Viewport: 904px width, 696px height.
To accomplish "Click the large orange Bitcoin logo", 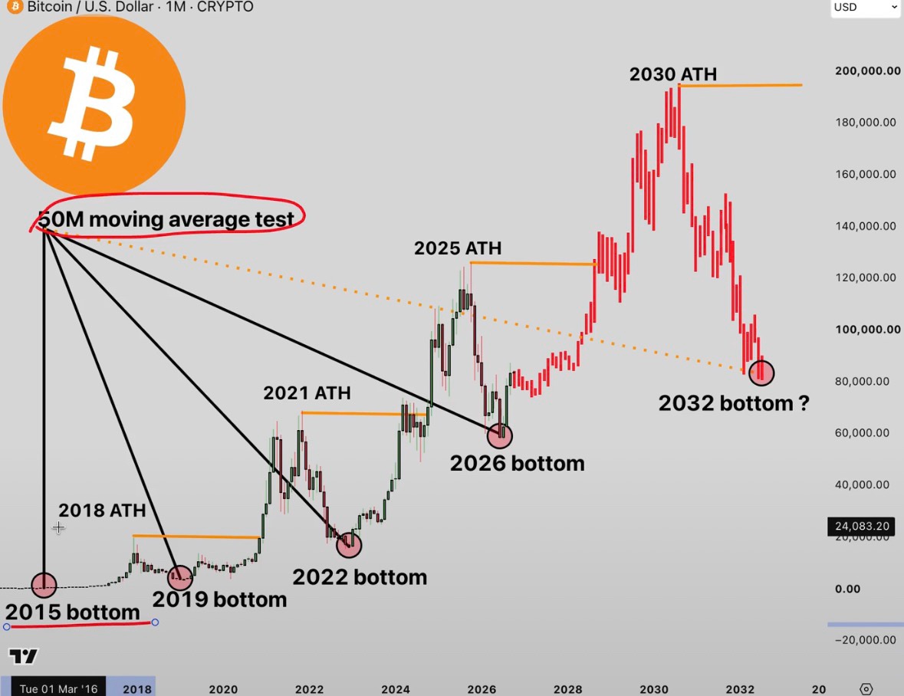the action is (x=94, y=106).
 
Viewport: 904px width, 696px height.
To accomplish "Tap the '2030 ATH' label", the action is (x=672, y=74).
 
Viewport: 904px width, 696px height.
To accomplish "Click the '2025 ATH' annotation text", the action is (x=458, y=248).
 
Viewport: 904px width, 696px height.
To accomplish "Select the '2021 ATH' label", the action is (x=307, y=393).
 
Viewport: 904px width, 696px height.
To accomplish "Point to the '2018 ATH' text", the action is (x=102, y=510).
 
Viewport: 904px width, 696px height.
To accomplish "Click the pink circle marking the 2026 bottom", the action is (x=499, y=435).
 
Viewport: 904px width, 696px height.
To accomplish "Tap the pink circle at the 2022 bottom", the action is (x=349, y=544).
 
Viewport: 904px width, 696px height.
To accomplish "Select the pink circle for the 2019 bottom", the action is (x=180, y=576).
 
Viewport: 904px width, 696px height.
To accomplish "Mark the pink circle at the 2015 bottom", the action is (x=44, y=585).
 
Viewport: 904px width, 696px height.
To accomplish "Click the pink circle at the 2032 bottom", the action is (x=761, y=373).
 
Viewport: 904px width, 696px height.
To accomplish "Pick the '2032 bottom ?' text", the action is (x=734, y=403).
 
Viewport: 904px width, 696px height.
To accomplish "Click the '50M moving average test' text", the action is (x=166, y=219).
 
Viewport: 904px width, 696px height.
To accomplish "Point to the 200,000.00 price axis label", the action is (x=868, y=71).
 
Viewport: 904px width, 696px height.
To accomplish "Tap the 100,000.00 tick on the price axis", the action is (x=868, y=330).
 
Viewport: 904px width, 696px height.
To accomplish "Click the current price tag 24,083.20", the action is (x=862, y=526).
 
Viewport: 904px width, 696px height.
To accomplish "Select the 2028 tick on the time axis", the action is (x=568, y=689).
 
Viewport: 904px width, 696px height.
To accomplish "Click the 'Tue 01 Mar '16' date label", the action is (x=59, y=689).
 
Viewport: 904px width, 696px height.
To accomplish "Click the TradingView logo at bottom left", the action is (x=23, y=656).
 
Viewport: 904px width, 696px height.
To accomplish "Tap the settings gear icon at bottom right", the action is (x=866, y=689).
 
